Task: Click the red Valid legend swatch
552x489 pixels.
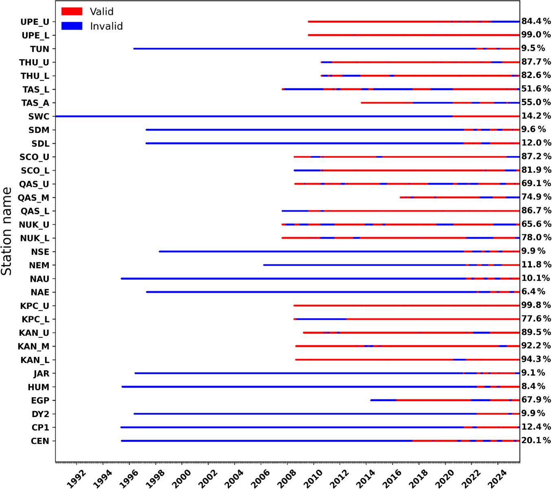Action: [72, 11]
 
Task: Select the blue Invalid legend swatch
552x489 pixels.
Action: [72, 26]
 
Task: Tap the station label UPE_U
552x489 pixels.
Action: [35, 22]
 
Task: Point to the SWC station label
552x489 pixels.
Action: [39, 117]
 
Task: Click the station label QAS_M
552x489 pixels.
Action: [33, 198]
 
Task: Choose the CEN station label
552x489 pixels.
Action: [40, 441]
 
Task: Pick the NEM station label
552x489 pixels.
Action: [39, 265]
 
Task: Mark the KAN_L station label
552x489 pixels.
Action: [35, 360]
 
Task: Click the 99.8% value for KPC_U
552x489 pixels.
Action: [536, 305]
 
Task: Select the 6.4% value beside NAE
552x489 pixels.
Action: [533, 292]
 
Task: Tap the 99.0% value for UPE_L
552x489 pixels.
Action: [536, 35]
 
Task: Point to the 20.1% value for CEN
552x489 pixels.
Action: [536, 441]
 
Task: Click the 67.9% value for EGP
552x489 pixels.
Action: [536, 400]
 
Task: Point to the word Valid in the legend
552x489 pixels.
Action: [101, 11]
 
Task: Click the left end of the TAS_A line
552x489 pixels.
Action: [361, 103]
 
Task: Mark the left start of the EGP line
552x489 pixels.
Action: [371, 400]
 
